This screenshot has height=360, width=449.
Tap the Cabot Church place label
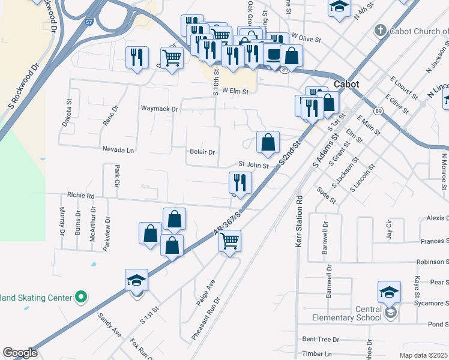414,31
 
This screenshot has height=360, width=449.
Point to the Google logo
20,352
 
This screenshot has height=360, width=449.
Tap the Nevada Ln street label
118,149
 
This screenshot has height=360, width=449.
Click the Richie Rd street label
81,195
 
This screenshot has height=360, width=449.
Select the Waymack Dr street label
160,109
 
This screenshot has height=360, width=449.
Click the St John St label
253,163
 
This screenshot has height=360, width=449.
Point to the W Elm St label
235,91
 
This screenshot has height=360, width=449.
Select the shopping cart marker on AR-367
229,241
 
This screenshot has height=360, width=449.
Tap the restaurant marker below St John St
240,183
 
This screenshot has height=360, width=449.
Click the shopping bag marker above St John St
268,143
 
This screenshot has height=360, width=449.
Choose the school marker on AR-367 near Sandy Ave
137,280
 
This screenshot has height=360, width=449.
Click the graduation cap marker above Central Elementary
389,292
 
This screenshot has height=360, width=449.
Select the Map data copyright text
424,355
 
